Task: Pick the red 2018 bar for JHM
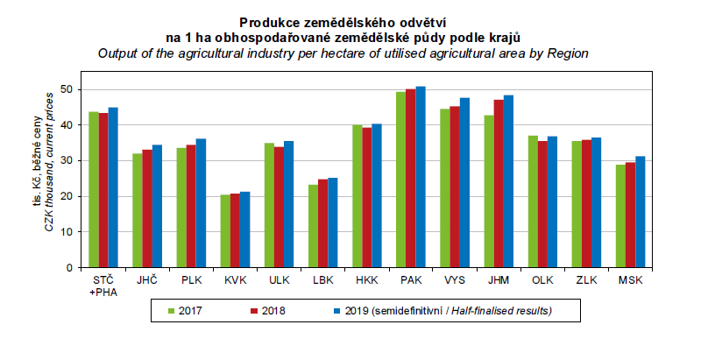click(499, 183)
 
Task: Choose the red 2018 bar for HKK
click(366, 197)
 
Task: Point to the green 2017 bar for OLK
click(533, 201)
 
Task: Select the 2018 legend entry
click(271, 310)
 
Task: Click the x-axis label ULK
click(279, 280)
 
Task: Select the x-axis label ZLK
click(586, 280)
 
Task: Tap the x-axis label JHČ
click(147, 280)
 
